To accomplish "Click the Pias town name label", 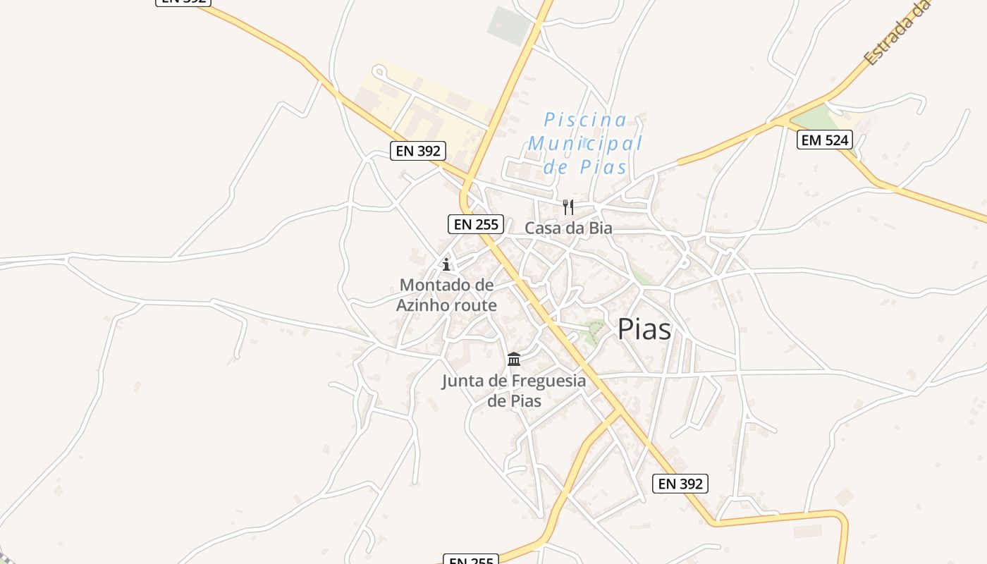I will point(644,329).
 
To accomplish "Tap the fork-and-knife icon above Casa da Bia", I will point(568,207).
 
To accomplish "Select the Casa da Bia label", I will point(568,228).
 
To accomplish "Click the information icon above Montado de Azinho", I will point(446,265).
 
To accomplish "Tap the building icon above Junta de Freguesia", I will point(514,360).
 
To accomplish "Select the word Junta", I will point(463,381).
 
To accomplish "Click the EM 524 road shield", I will point(824,140).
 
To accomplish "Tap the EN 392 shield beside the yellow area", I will point(418,150).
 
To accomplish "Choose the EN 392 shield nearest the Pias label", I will point(680,483).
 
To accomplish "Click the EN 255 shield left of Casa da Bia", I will point(476,224).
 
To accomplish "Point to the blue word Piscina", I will point(585,120).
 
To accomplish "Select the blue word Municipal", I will point(585,143).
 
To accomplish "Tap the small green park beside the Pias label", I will point(594,330).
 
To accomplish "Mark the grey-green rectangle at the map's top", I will point(509,25).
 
